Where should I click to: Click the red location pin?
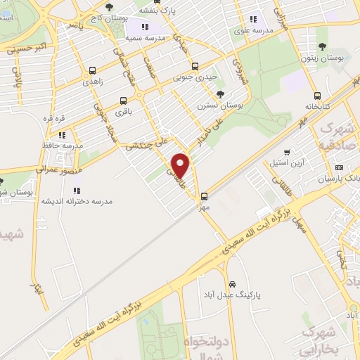181,165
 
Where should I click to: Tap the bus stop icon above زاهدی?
93,70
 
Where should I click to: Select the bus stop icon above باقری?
124,101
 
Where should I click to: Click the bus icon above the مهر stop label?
205,196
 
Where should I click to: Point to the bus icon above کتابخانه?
318,96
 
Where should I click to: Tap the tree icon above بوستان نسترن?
221,94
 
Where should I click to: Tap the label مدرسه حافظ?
63,145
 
